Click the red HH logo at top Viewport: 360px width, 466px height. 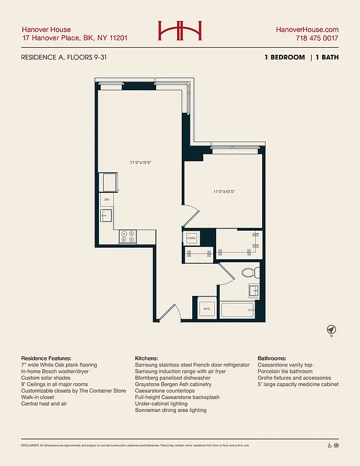coord(179,30)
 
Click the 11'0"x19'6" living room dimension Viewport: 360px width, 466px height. coord(142,163)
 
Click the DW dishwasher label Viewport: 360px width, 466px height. coord(107,200)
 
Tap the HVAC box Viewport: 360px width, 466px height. coord(192,238)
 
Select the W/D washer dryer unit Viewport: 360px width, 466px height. coord(207,308)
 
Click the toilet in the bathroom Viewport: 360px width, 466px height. coord(248,271)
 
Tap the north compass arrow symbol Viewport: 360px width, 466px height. coord(331,330)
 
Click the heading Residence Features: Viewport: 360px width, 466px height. coord(46,358)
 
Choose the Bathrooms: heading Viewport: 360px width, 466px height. coord(277,358)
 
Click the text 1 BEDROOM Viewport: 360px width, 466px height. coord(285,57)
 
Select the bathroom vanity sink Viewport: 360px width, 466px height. coord(254,291)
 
